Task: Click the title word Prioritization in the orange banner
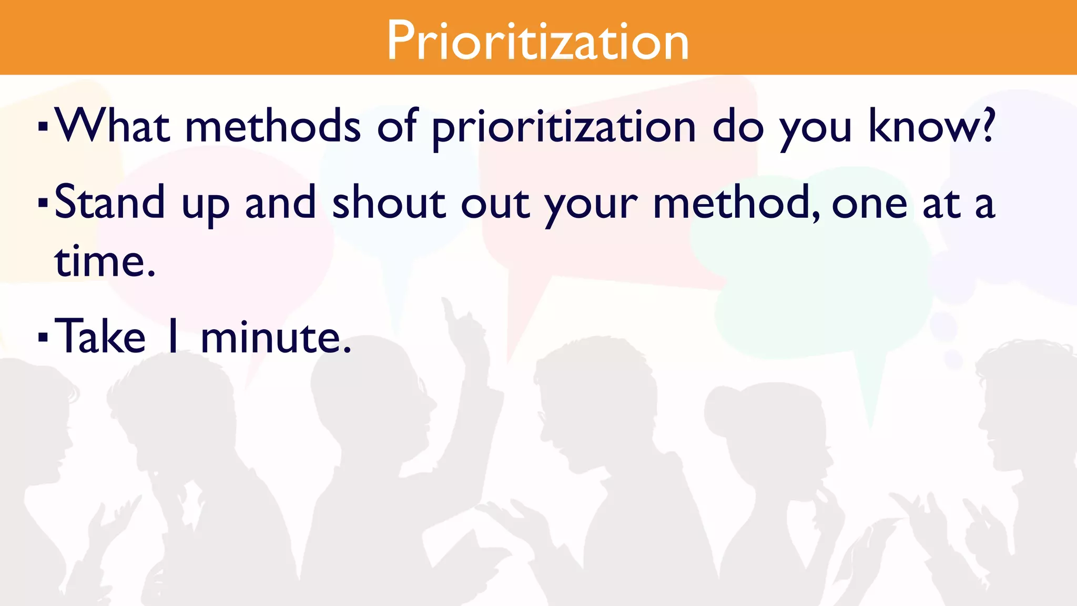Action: (x=537, y=41)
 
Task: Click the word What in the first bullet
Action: (x=113, y=126)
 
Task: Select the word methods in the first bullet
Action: (x=273, y=126)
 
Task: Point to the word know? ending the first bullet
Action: (x=931, y=126)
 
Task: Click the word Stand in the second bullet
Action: (x=109, y=203)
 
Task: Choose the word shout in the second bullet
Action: (x=389, y=203)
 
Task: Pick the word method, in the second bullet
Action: (x=736, y=204)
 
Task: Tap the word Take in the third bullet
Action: (x=100, y=337)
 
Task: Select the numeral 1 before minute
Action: (x=173, y=337)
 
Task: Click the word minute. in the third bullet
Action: (x=276, y=338)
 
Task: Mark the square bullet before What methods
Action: (x=43, y=127)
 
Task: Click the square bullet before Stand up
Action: (x=43, y=203)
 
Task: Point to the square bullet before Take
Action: (x=43, y=336)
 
